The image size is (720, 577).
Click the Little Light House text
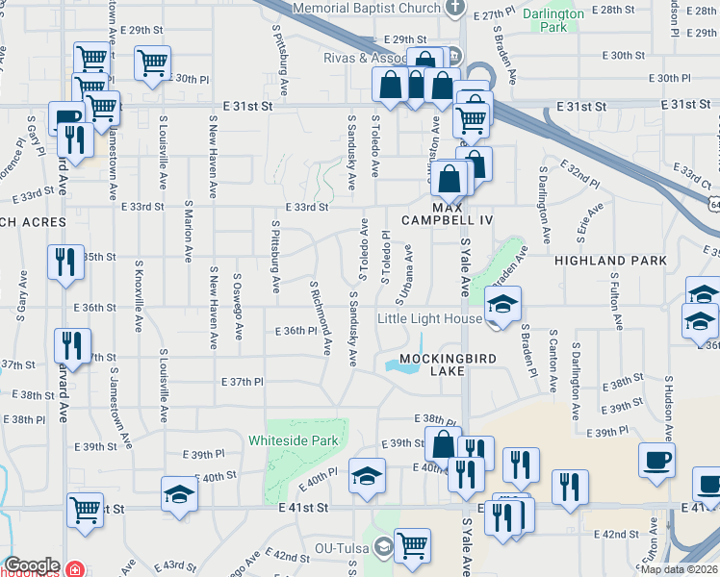pos(428,319)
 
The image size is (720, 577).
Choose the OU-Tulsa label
pos(338,550)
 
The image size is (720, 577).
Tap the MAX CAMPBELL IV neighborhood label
pos(462,213)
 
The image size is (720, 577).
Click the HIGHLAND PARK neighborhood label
pos(609,261)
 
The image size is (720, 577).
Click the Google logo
pos(31,565)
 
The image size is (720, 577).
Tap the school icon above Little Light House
pos(501,305)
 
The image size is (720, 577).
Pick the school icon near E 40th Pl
pos(366,476)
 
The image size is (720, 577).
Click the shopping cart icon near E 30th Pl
pos(152,63)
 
